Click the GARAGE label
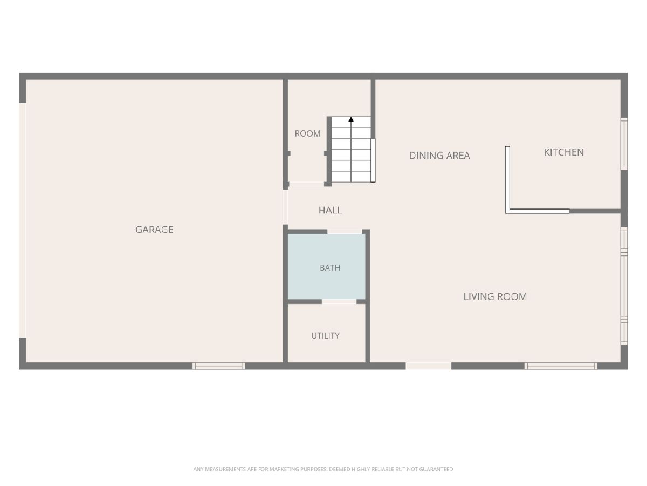click(x=154, y=230)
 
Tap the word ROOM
click(x=307, y=133)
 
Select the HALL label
click(x=330, y=210)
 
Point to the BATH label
click(x=330, y=268)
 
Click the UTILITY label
click(x=326, y=335)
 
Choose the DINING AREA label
click(x=439, y=156)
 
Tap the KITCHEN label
click(x=563, y=152)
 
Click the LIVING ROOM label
click(x=495, y=296)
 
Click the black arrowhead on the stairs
click(x=351, y=119)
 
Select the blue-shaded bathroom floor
click(x=326, y=266)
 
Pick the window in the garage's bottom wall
click(x=219, y=366)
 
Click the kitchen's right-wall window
click(x=624, y=144)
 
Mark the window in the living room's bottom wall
click(x=561, y=366)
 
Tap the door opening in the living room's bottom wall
click(x=428, y=366)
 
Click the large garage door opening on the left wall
click(x=23, y=220)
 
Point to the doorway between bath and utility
click(x=339, y=301)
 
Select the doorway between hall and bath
click(x=345, y=232)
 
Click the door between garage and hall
click(x=285, y=207)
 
